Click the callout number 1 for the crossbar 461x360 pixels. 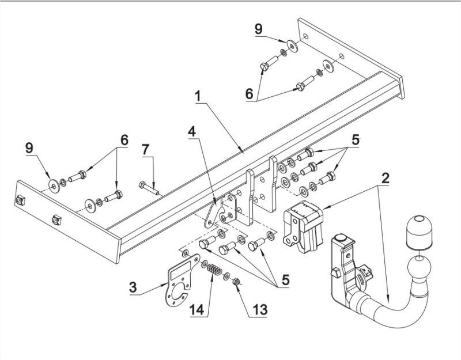198,96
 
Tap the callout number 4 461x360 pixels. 192,131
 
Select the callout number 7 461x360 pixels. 146,150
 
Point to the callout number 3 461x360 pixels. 133,287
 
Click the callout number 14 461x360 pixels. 197,310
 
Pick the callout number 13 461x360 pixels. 260,310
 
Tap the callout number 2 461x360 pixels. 385,179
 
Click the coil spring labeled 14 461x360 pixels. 214,270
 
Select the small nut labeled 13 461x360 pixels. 236,282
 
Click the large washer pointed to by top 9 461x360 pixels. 292,46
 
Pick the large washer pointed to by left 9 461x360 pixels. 54,185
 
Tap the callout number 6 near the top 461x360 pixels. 250,94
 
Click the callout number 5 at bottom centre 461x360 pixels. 285,280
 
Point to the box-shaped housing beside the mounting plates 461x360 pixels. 303,227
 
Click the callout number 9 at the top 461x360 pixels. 258,29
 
